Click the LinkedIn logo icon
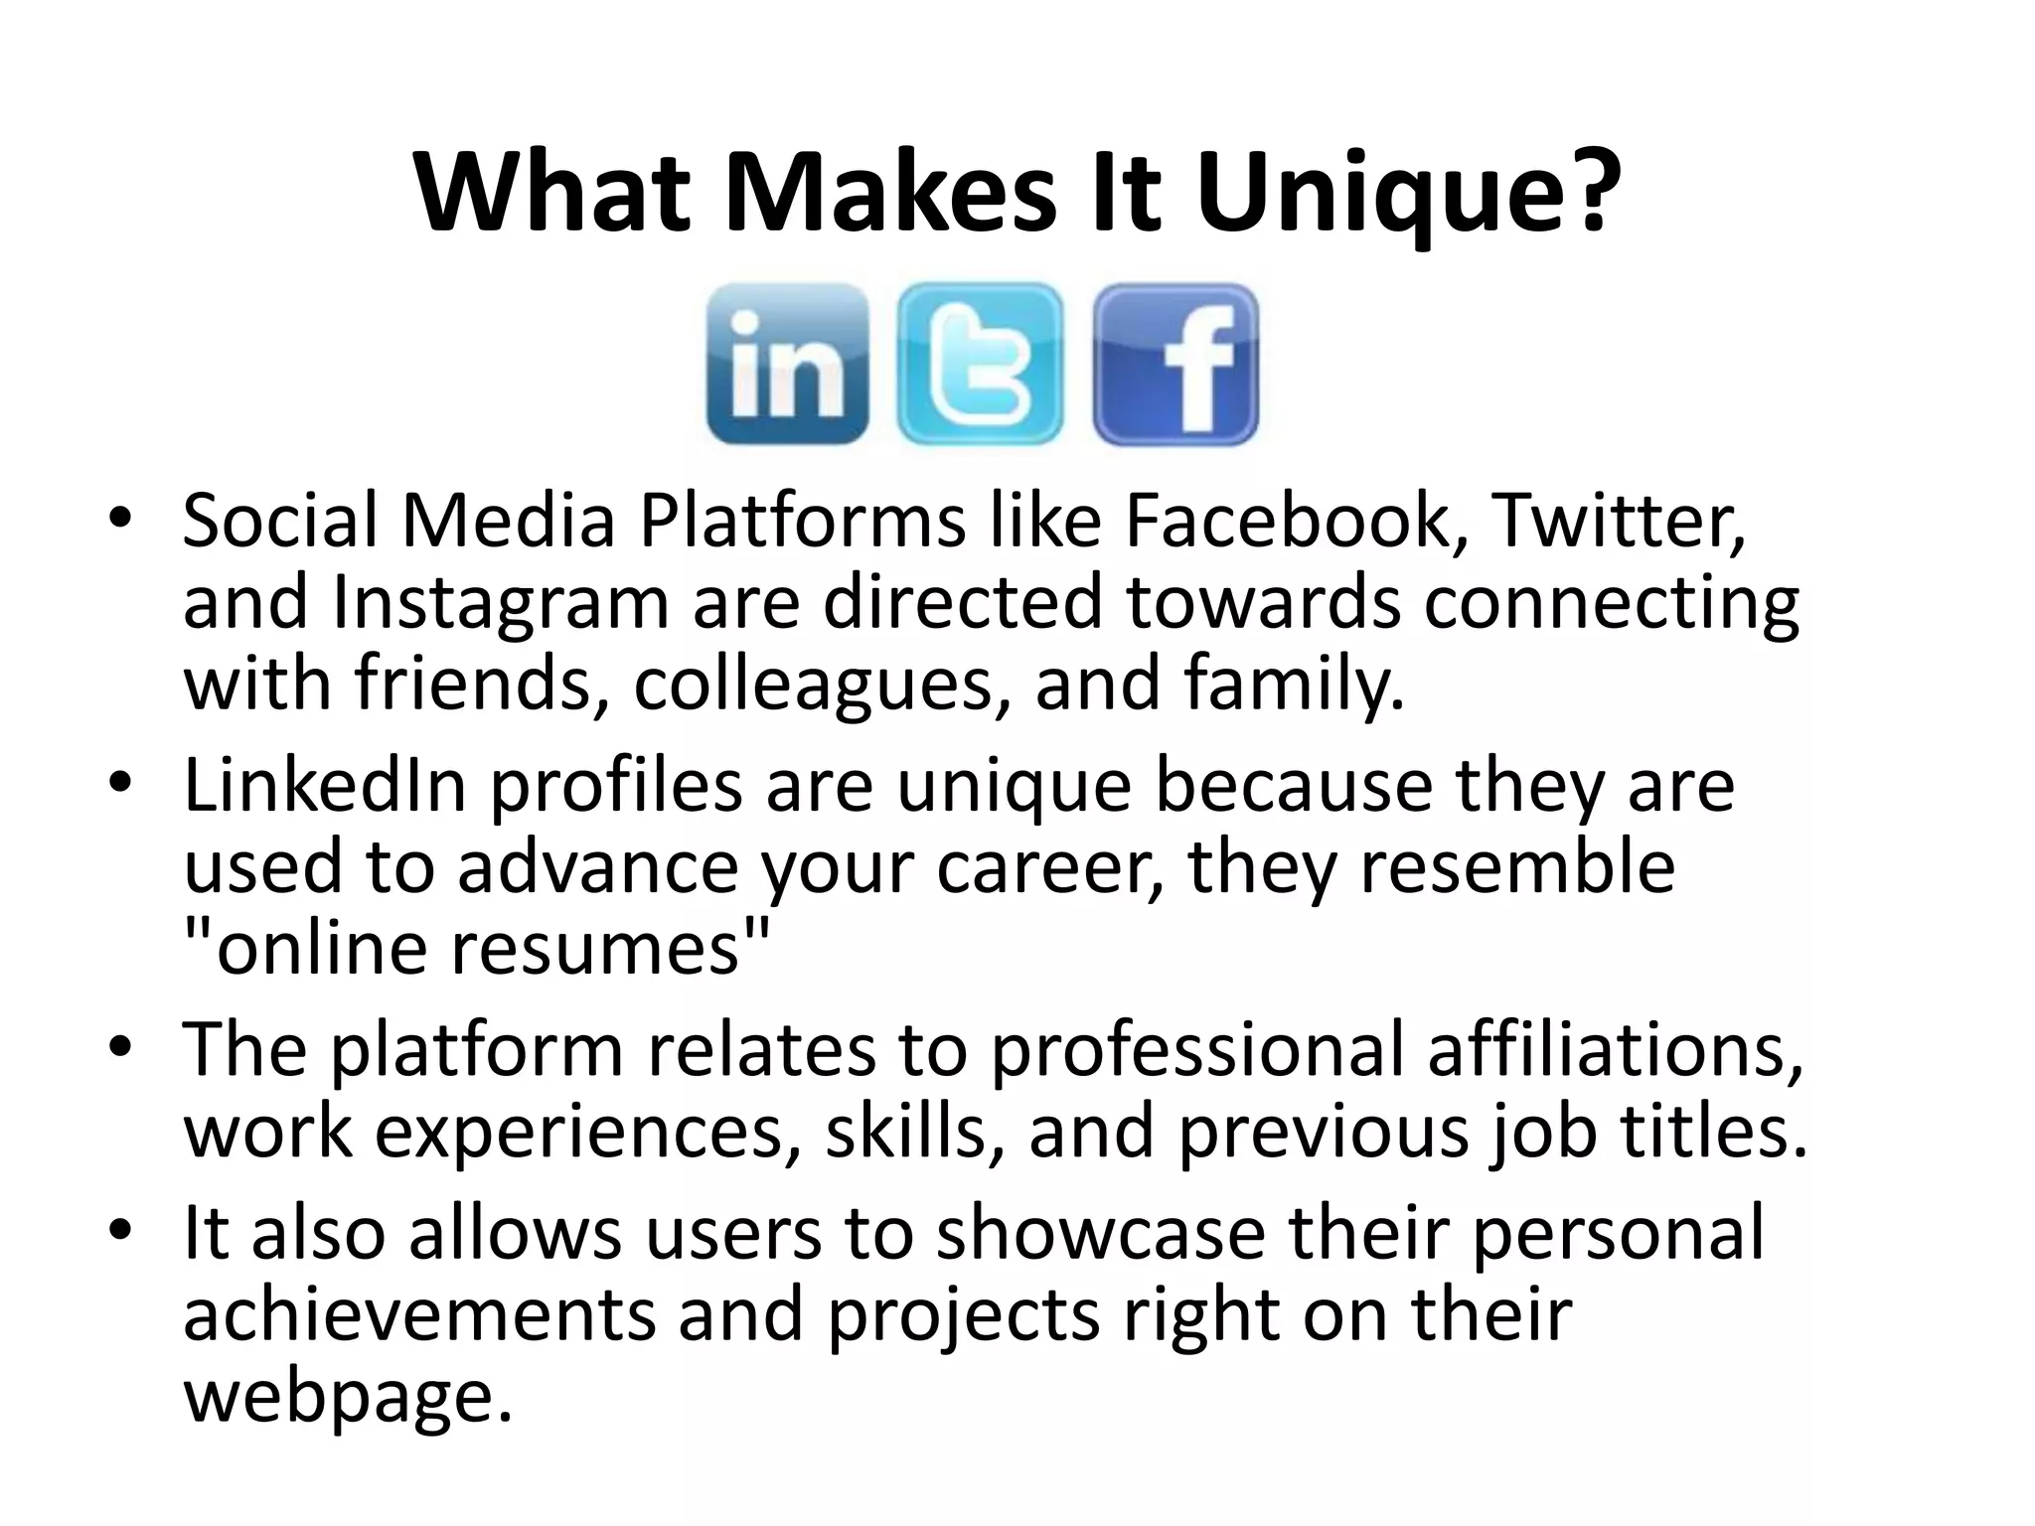click(x=787, y=364)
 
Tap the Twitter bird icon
click(x=980, y=364)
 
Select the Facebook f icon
click(x=1175, y=364)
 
